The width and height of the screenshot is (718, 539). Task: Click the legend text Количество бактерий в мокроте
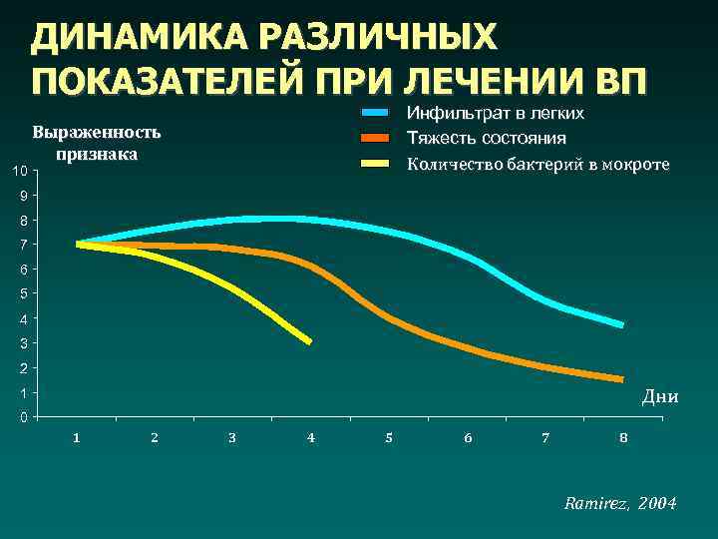click(x=538, y=164)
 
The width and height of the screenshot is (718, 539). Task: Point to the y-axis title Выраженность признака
click(x=96, y=143)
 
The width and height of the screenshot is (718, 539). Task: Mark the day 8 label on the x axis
click(x=623, y=438)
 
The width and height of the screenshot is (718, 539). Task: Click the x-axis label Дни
click(x=660, y=397)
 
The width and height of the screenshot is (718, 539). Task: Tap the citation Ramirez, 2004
click(x=619, y=504)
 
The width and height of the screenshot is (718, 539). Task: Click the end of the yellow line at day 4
click(x=309, y=341)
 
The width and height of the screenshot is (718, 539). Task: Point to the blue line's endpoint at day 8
click(x=622, y=324)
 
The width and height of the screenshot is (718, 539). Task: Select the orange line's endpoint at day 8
click(x=622, y=379)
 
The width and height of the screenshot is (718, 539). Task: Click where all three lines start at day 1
click(x=79, y=244)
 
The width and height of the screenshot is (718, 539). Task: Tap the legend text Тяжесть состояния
click(x=487, y=138)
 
